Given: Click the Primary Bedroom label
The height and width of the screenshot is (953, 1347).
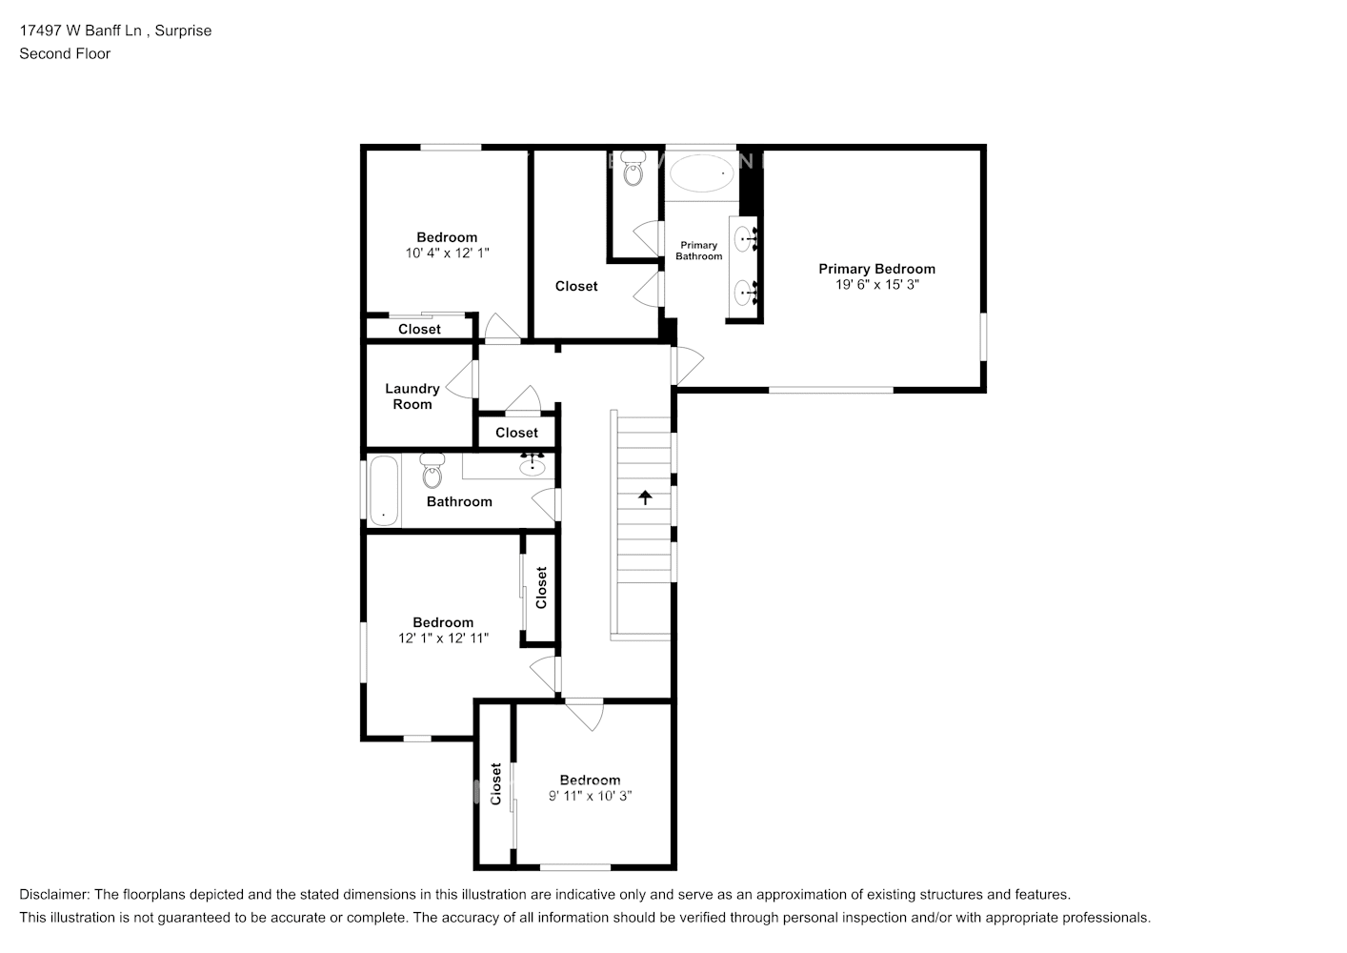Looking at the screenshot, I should (x=876, y=269).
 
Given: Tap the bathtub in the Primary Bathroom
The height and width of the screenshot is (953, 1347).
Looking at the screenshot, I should (x=702, y=174).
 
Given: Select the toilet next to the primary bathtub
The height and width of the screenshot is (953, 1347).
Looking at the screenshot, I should (x=633, y=172).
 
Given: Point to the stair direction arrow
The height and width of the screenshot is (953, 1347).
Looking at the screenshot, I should (x=645, y=497).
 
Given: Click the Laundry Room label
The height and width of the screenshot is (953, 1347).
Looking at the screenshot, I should (x=412, y=395).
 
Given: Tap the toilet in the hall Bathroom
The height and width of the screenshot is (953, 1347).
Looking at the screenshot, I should (x=432, y=469).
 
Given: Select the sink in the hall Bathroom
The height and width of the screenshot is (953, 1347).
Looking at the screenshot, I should (x=532, y=466).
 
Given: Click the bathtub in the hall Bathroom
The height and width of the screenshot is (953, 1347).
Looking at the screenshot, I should (x=383, y=491).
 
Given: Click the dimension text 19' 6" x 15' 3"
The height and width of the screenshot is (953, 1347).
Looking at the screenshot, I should (x=876, y=284).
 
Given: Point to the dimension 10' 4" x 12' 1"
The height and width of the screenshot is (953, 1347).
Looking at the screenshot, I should (x=447, y=253).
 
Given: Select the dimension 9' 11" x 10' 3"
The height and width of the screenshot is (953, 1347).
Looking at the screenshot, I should (x=590, y=795).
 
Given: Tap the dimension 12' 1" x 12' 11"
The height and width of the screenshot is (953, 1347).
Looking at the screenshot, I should (x=443, y=638).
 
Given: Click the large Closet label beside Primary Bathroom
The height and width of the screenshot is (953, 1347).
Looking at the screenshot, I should (x=576, y=286).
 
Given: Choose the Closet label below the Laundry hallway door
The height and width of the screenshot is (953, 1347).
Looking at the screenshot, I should (x=516, y=433).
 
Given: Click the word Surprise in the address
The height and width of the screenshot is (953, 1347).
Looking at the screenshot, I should (x=183, y=30).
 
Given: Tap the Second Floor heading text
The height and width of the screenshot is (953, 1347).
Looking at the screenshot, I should (x=65, y=53).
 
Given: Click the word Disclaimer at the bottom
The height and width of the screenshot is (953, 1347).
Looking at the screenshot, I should (x=53, y=894).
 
